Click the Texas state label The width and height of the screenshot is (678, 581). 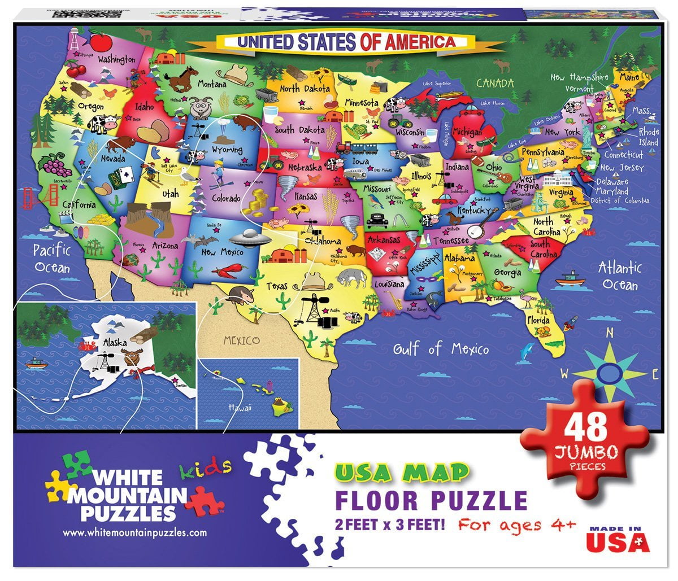277,286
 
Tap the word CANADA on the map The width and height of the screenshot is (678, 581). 495,84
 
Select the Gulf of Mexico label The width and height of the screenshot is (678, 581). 441,348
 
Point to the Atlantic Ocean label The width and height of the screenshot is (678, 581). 620,275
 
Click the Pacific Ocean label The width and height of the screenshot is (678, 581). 51,257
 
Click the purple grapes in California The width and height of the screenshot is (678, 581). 54,165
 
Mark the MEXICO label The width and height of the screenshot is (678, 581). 241,340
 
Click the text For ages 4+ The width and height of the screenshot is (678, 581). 516,524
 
